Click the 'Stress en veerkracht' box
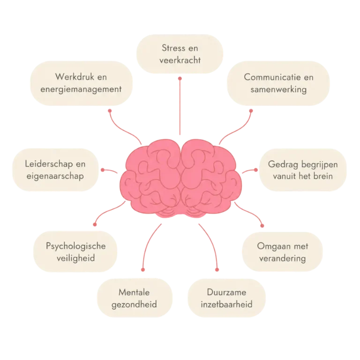[180, 54]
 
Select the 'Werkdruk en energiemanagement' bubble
[81, 83]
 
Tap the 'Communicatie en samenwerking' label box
[278, 83]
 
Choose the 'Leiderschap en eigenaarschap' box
[55, 170]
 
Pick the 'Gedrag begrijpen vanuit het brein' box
[303, 170]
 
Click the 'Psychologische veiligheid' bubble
[75, 252]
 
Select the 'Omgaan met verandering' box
[282, 252]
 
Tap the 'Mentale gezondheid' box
[135, 298]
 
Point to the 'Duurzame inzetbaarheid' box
[226, 298]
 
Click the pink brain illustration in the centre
[180, 179]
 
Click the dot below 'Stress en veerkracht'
[180, 79]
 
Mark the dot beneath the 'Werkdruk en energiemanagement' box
[110, 111]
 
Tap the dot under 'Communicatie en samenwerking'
[251, 111]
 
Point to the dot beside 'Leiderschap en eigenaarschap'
[103, 170]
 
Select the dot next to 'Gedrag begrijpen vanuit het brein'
[256, 170]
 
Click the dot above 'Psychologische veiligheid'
[95, 225]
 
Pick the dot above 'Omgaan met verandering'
[262, 225]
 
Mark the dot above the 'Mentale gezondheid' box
[143, 270]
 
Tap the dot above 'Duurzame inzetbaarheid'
[217, 270]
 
